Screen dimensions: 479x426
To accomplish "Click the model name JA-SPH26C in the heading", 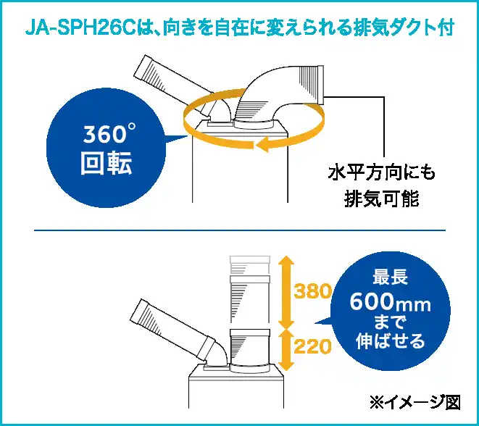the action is (80, 29).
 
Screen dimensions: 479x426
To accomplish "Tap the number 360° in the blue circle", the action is (109, 133).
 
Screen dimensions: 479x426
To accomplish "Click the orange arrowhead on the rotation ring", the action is (263, 144).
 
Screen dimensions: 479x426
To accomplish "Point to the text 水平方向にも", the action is (382, 173).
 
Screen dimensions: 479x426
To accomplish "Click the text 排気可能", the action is (382, 199).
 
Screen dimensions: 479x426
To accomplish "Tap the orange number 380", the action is (312, 291).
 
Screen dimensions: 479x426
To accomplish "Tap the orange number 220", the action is (312, 346).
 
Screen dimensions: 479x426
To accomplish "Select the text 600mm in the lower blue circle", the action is (390, 301).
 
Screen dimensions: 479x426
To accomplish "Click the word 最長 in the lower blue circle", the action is (390, 277).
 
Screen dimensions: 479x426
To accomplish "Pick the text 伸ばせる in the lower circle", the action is (390, 341).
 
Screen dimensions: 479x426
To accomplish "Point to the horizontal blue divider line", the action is (240, 230).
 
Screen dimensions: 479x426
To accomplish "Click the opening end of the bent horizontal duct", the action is (321, 84).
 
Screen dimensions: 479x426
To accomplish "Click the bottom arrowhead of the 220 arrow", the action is (286, 366).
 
